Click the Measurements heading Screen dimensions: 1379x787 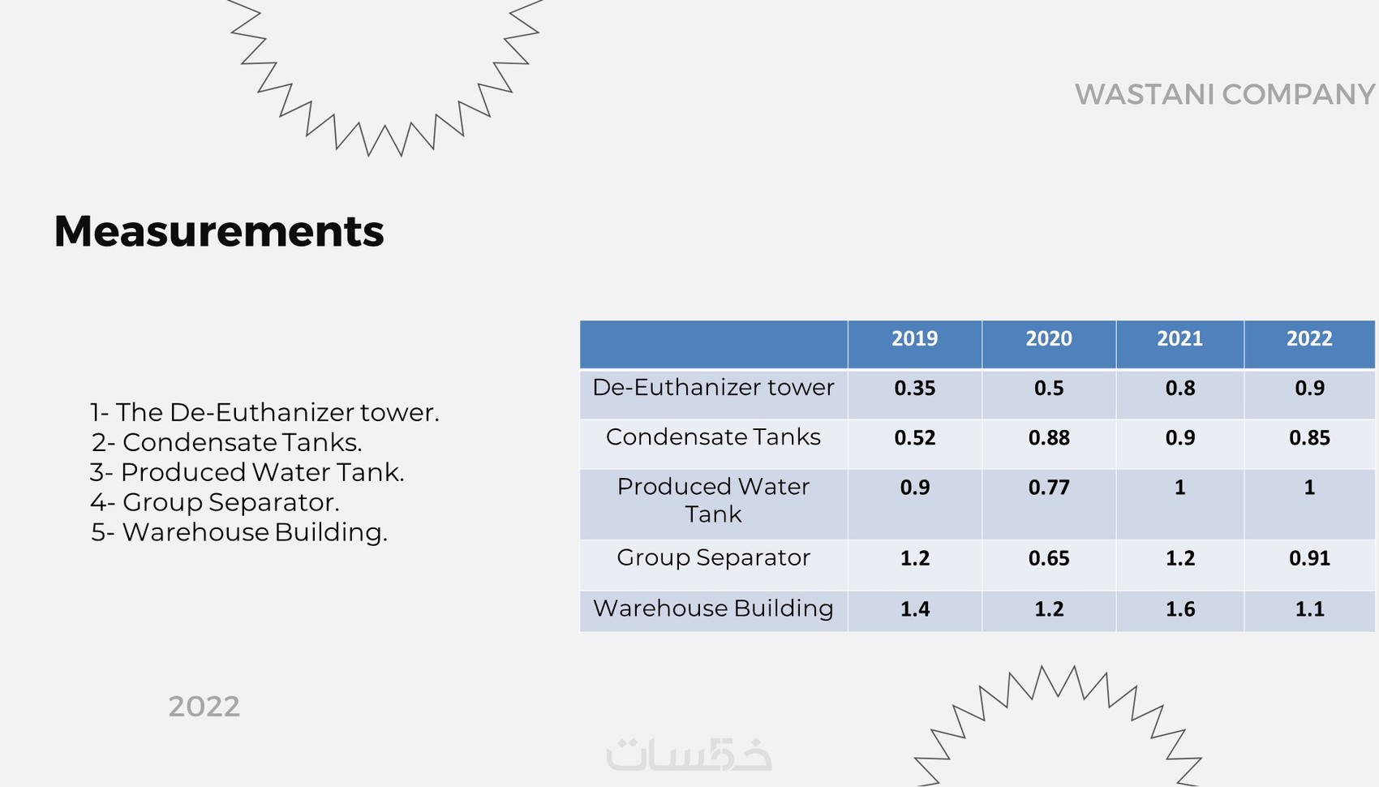click(x=219, y=231)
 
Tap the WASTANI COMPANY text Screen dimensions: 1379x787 click(x=1225, y=95)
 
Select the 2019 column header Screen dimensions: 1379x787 click(x=915, y=338)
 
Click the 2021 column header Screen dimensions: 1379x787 click(x=1180, y=338)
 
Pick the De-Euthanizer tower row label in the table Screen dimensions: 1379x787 click(x=714, y=387)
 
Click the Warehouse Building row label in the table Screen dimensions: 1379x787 click(x=714, y=609)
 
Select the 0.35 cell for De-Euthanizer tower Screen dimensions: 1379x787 click(x=915, y=388)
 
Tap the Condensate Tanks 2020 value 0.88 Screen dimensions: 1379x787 click(x=1049, y=438)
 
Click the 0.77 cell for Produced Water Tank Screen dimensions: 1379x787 click(x=1049, y=488)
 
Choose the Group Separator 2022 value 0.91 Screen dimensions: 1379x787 click(x=1309, y=558)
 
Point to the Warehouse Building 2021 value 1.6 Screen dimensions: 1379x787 click(x=1180, y=609)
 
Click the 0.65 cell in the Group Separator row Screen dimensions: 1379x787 click(x=1049, y=558)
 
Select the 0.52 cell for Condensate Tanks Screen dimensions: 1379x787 click(x=915, y=438)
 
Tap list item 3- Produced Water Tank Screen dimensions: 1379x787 click(x=247, y=472)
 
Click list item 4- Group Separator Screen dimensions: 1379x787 click(x=215, y=502)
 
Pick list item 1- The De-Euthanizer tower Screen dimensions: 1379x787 click(x=264, y=413)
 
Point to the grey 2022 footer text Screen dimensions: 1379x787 click(x=204, y=707)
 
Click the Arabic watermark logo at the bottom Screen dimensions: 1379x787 click(x=689, y=755)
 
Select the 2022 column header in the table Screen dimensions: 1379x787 click(x=1309, y=338)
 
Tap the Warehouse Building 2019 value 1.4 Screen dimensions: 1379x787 click(x=915, y=609)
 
